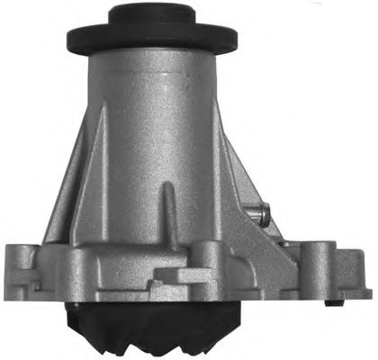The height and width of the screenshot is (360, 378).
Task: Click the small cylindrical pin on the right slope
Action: click(x=262, y=213)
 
